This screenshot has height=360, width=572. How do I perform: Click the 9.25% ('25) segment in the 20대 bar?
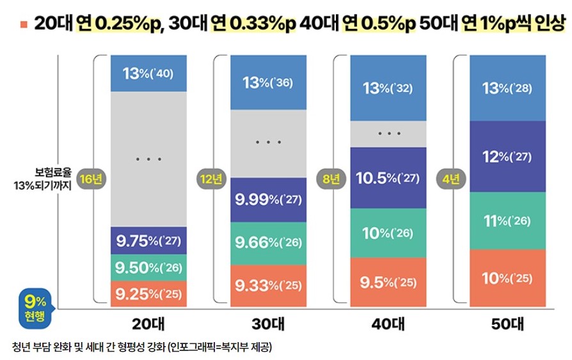[x=148, y=293]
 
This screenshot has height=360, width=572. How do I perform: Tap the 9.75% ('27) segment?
[x=148, y=241]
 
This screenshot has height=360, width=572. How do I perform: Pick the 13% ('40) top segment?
[x=148, y=74]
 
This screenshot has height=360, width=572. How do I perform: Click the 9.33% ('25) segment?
[x=268, y=285]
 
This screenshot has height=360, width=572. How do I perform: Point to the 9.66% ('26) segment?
[x=268, y=243]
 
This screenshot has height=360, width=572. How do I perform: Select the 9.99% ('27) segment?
[x=268, y=200]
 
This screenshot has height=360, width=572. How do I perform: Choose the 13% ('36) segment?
[x=268, y=82]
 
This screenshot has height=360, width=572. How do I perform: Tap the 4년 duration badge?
[x=451, y=180]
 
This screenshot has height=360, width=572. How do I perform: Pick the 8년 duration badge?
[x=330, y=180]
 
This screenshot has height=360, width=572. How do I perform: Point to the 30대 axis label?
[x=268, y=324]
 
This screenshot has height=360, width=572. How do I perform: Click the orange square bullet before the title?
[x=24, y=25]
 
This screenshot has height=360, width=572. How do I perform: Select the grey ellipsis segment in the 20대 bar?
[x=148, y=159]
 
